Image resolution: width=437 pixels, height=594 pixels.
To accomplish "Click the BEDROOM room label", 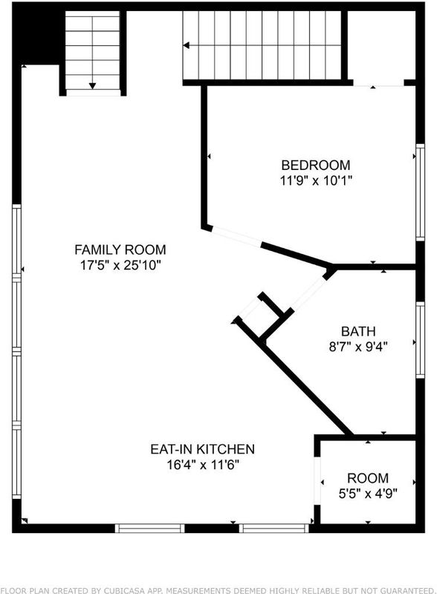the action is point(316,165).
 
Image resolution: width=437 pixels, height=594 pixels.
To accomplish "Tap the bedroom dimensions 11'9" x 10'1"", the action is point(316,180).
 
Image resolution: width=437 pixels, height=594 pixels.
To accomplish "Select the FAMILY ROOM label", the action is point(120,249).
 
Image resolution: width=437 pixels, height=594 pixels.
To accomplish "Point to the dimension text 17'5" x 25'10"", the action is point(120,265).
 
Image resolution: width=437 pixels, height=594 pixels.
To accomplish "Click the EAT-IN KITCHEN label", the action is point(203,449).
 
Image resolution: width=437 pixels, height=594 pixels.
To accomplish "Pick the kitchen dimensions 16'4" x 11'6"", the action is point(203,465).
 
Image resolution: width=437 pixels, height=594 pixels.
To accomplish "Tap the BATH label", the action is point(358,331).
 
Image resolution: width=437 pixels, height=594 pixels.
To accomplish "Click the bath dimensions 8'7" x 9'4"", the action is point(358,347).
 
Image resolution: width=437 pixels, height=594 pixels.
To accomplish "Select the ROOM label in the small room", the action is point(368,478).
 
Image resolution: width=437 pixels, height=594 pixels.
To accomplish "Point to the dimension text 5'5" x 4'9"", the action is point(368,494).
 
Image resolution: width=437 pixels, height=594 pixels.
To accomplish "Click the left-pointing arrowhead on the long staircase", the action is point(186,45).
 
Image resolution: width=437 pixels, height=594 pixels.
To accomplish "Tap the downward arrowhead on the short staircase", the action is point(92,86).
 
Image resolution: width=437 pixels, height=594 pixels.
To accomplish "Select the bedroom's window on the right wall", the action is point(420,192).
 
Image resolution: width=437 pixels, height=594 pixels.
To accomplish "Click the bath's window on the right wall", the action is point(420,340).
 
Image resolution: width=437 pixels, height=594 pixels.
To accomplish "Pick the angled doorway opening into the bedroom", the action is point(236,236).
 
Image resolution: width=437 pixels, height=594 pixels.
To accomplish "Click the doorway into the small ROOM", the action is point(317,481).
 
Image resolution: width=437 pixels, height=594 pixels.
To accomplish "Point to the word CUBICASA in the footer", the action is point(135,590).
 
